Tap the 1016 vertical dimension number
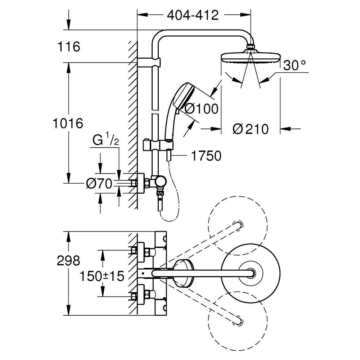coord(68,123)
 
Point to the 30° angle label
coord(294,65)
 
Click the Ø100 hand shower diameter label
coord(201,108)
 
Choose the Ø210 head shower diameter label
coord(251,129)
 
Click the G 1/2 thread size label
coord(104,140)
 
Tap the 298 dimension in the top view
coord(68,261)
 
